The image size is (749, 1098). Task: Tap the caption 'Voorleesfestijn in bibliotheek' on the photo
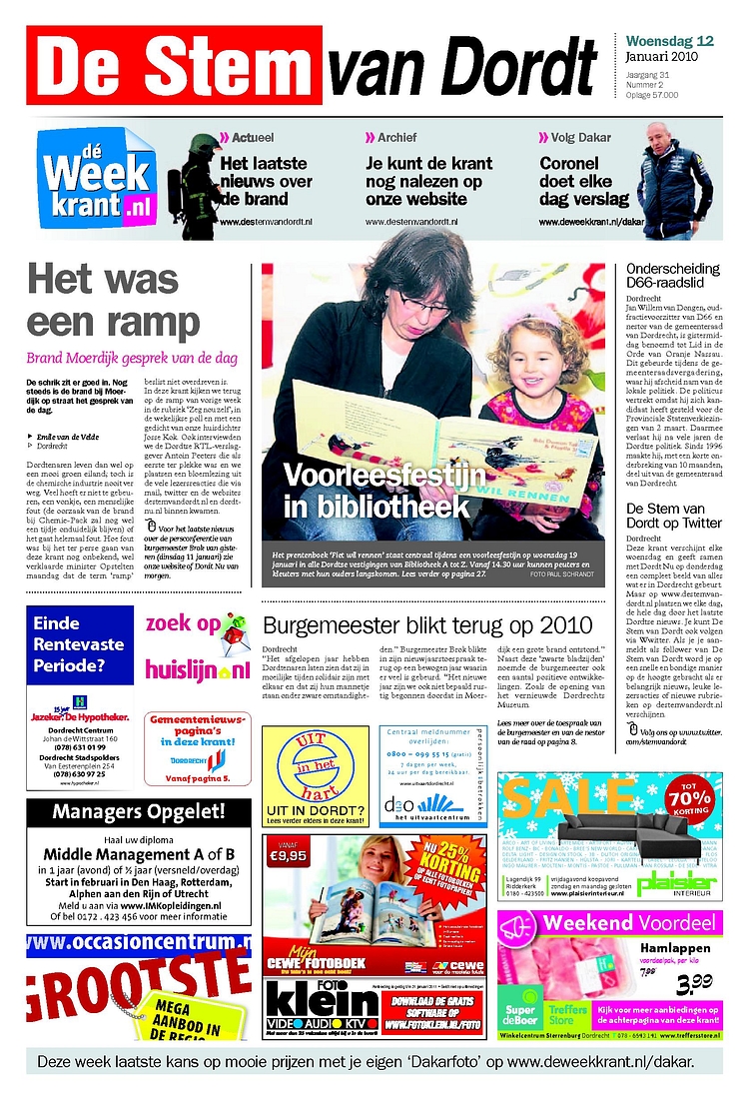click(x=375, y=491)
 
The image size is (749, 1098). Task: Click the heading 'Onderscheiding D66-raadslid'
click(x=672, y=277)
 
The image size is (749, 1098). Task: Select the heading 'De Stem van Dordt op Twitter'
click(x=673, y=516)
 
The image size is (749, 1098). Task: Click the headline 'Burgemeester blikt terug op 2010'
click(x=426, y=626)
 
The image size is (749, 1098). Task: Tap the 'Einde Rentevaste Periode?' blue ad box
click(x=81, y=644)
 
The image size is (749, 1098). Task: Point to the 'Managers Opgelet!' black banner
click(x=139, y=811)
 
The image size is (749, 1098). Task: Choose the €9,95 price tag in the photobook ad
click(x=288, y=855)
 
